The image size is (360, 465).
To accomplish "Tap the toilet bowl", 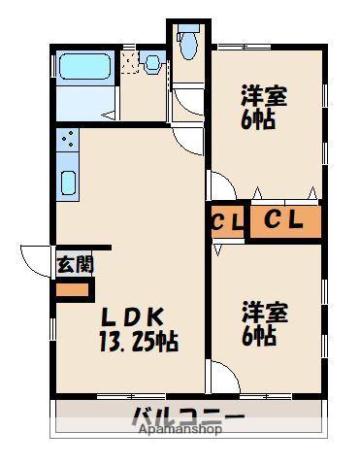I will coord(187,42).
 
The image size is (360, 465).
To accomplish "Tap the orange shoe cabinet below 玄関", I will coord(71,289).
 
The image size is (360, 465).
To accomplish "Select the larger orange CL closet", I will coord(285,221).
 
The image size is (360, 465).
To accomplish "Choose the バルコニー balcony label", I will coord(189,419).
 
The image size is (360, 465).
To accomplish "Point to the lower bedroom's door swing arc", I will coord(221,375).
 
